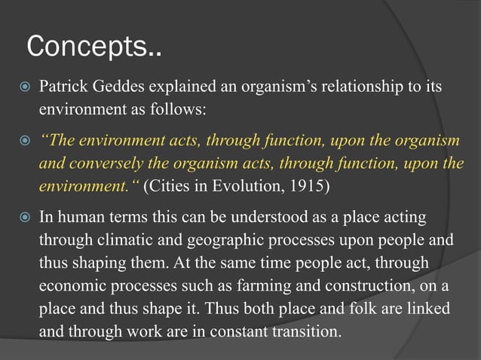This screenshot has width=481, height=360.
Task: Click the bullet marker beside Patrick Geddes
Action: [x=25, y=86]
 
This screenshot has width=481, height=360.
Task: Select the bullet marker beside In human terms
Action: [x=25, y=218]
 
